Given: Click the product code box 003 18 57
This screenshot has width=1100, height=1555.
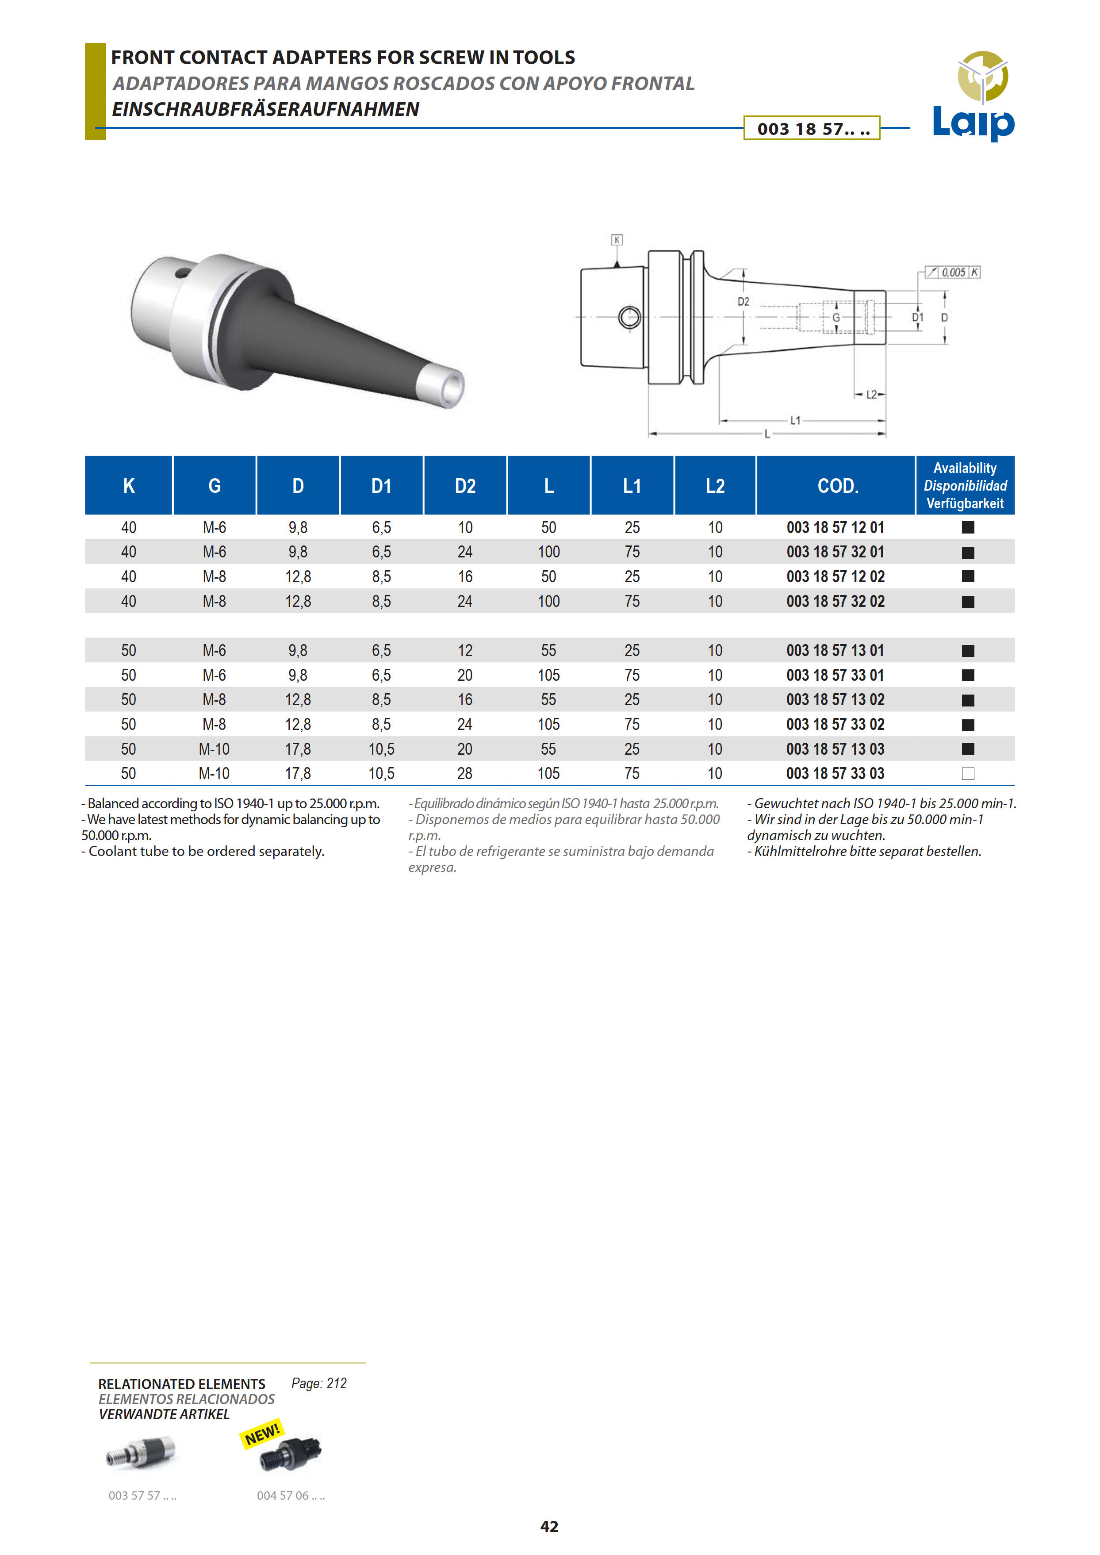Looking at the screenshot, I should pos(812,128).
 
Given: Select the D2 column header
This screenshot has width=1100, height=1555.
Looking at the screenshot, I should pos(465,486).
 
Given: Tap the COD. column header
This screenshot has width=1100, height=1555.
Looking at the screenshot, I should pos(837,486).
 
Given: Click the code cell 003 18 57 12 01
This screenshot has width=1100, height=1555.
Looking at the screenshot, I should pos(835,527).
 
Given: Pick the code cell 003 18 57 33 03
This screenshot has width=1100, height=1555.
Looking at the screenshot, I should pos(835,773).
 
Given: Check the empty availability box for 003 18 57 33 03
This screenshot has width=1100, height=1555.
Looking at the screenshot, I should pos(968,773).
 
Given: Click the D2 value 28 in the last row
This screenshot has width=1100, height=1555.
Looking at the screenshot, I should pos(465,773).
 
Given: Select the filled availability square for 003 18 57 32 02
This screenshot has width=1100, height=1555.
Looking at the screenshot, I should pos(968,602).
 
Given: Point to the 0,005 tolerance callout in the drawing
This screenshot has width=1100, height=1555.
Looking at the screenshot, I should pos(953,273).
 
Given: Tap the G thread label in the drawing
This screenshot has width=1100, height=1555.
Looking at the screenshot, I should pos(836,317).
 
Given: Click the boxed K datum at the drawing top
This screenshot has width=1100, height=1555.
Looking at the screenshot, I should pos(617,240).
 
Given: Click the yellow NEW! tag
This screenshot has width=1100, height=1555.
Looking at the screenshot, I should pos(262,1434).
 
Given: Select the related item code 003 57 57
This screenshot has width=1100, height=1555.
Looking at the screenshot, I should pos(142,1495).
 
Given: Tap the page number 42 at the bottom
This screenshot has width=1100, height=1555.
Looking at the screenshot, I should pos(549,1526).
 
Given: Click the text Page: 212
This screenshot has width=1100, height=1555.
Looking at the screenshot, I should pos(318,1383).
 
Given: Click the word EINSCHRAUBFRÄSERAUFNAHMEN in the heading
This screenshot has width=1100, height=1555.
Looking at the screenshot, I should pos(265,109).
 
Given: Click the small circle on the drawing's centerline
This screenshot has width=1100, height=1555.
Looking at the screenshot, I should pos(630,316).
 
